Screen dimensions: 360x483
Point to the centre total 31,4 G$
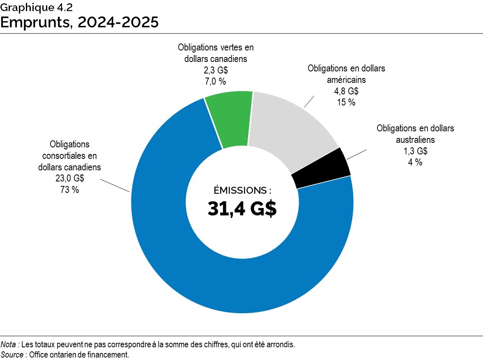(242, 209)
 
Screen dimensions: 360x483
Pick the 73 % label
(69, 190)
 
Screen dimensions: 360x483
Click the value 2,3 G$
(216, 70)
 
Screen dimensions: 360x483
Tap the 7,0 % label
(216, 81)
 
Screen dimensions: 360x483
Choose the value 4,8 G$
(346, 91)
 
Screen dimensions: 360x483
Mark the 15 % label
(346, 102)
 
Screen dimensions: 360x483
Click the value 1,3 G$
(415, 151)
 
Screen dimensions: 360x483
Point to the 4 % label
(415, 162)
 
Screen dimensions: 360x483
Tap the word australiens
(415, 140)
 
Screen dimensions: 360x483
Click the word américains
(346, 80)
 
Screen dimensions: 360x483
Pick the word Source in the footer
(12, 355)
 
